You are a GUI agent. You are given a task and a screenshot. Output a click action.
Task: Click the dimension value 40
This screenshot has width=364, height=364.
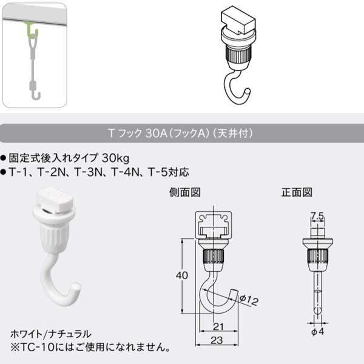(180, 275)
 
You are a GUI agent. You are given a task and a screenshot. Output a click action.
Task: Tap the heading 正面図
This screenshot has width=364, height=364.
(297, 193)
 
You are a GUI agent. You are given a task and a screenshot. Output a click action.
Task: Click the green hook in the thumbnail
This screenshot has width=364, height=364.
(31, 29)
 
